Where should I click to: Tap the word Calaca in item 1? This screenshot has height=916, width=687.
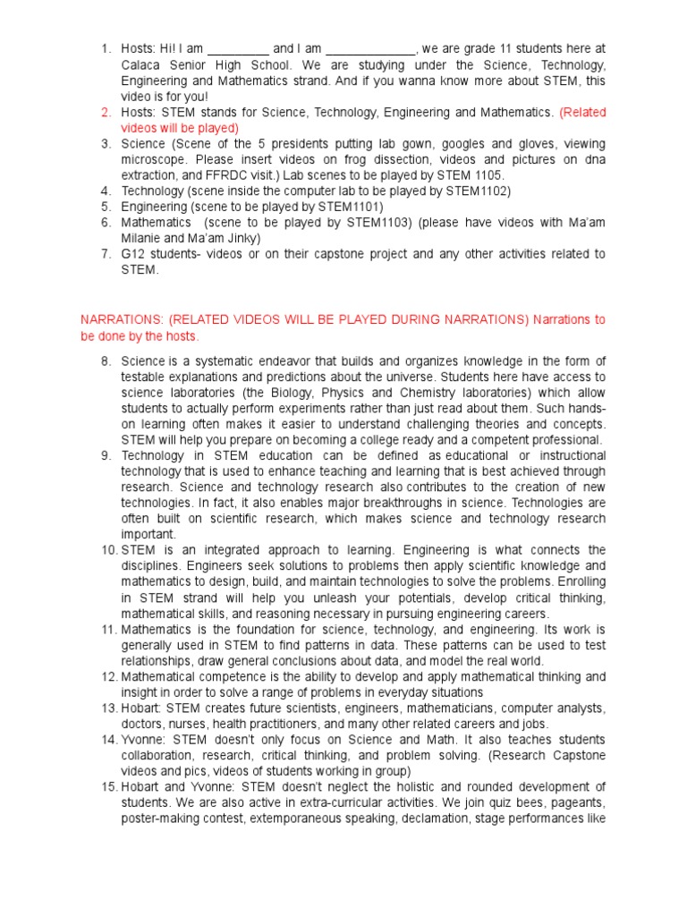click(142, 64)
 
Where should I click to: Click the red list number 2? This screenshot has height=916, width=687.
click(106, 112)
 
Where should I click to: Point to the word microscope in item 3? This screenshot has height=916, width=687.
click(153, 160)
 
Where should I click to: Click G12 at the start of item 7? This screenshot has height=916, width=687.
click(133, 255)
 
